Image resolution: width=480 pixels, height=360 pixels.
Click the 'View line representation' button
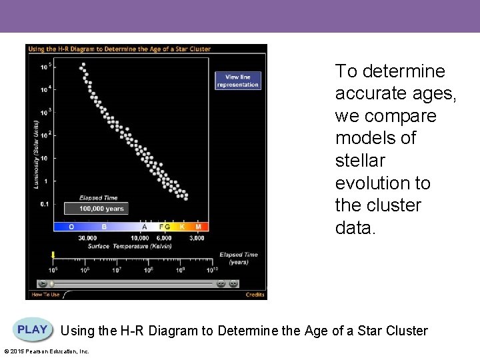(237, 81)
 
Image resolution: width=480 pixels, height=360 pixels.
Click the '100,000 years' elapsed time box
(101, 209)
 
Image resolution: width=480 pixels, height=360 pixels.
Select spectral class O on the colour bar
(71, 227)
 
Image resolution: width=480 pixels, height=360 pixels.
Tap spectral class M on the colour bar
(198, 227)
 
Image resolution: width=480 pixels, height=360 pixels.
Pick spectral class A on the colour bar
(144, 227)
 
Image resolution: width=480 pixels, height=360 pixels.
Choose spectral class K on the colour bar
(182, 227)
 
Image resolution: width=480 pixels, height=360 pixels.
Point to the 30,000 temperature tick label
(87, 238)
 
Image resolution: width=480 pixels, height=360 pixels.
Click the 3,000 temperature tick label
(197, 238)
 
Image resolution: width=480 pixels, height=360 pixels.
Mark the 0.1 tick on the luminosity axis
(45, 204)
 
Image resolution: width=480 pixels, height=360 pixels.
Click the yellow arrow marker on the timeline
(53, 255)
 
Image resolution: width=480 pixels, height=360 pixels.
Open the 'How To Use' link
(46, 294)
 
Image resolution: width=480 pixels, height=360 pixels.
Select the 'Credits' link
(255, 294)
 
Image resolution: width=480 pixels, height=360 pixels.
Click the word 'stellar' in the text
(357, 161)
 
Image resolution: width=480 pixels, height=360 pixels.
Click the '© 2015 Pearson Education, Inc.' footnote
(46, 351)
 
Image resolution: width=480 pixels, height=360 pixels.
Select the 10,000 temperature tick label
(139, 238)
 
